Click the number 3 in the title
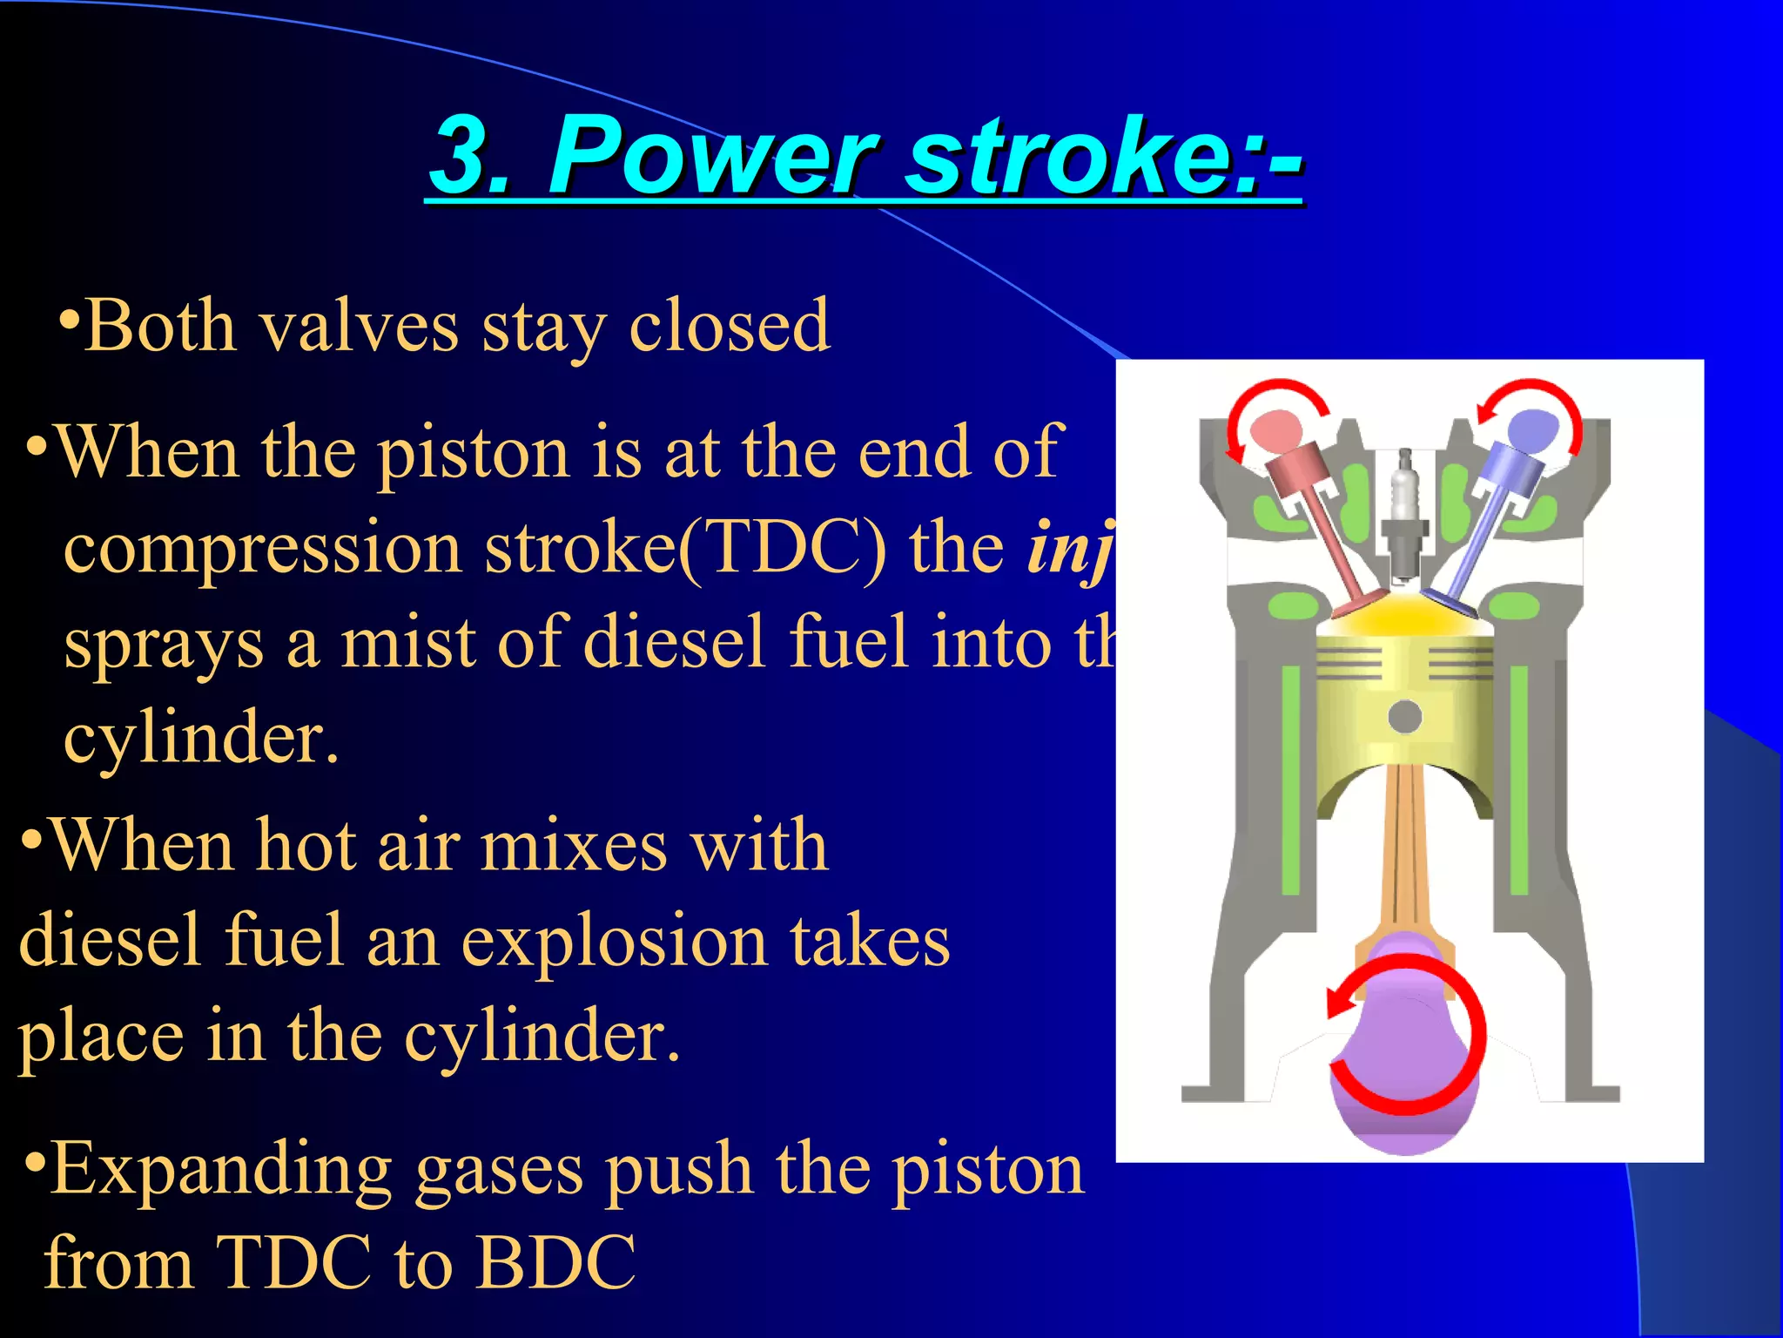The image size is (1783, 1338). [461, 157]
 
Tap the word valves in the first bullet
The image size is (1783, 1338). [359, 327]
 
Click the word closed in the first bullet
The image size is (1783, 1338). [730, 327]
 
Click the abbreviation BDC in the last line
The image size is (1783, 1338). [557, 1263]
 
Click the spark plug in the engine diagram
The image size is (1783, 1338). [1403, 514]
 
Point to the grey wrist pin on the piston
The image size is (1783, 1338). [1404, 717]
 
